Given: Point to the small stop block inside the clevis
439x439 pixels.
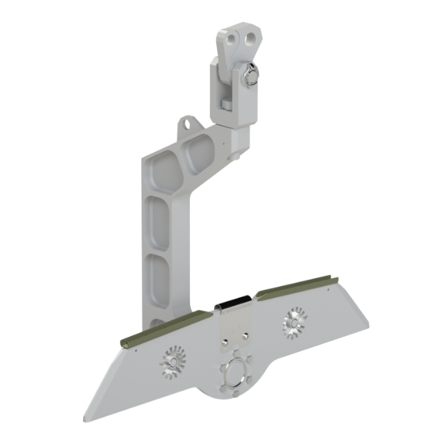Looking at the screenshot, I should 226,104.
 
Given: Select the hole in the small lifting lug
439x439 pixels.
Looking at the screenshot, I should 186,124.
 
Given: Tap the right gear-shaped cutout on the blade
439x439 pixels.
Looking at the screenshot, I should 294,320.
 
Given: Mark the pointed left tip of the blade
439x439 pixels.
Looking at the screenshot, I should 85,419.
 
